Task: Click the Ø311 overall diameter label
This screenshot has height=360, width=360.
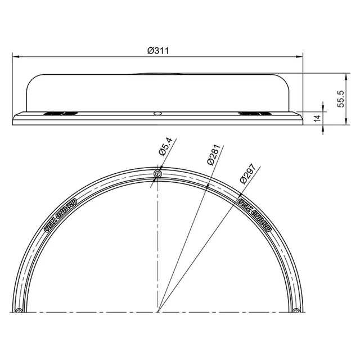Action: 158,51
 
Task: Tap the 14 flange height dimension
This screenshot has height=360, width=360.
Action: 317,118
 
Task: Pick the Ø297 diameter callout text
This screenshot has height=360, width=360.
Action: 247,174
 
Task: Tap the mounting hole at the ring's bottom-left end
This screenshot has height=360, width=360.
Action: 20,310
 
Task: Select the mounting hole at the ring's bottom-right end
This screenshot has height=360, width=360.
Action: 296,310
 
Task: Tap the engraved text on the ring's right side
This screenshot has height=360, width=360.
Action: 255,213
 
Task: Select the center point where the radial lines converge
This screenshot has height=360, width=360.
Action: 158,312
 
